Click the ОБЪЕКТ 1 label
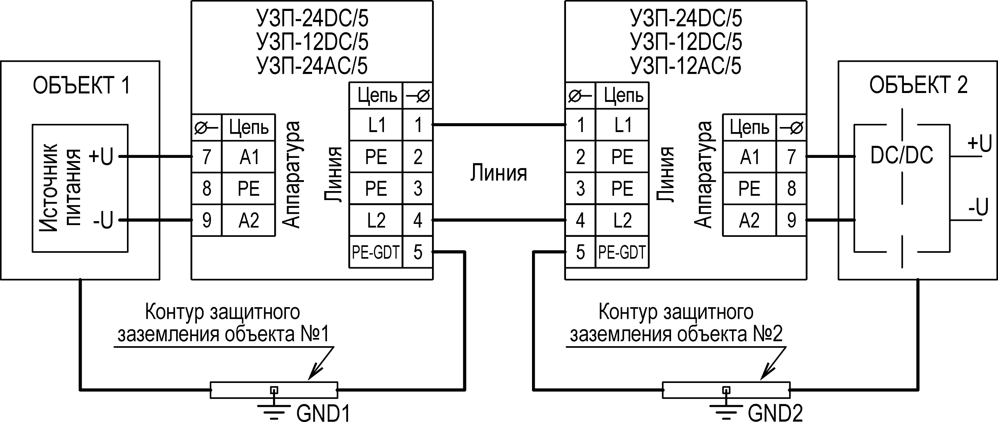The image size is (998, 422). (x=81, y=86)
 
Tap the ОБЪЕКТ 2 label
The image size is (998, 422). (x=918, y=85)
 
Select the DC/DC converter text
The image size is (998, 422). (x=902, y=156)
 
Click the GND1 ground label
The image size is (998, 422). (x=323, y=413)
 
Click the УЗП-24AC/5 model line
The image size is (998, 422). (x=312, y=66)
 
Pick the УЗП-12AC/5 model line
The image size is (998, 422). (x=686, y=66)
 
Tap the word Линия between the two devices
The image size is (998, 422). (x=498, y=173)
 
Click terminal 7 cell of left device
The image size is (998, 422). (x=206, y=157)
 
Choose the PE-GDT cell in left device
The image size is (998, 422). (x=375, y=252)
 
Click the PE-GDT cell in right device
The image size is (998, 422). (x=622, y=252)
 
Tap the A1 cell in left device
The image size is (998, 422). (x=249, y=157)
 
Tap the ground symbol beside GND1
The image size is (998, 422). (x=274, y=408)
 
